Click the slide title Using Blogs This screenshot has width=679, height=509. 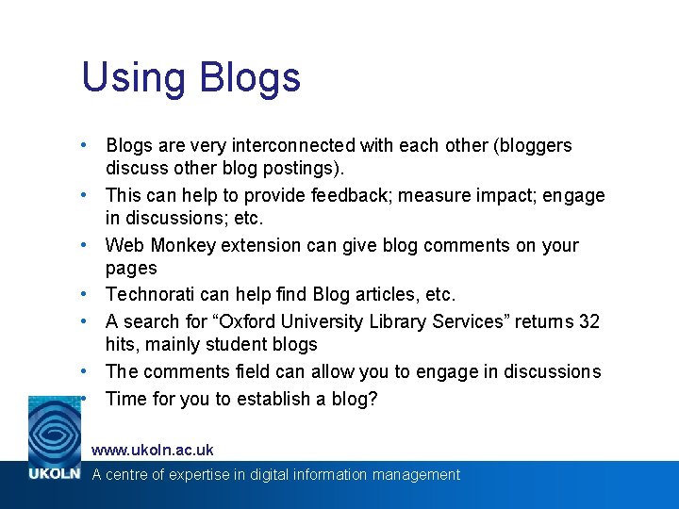[191, 77]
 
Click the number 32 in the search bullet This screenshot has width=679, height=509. [588, 321]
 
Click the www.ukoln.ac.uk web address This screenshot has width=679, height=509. [152, 450]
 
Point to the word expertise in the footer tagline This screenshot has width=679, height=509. [197, 475]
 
